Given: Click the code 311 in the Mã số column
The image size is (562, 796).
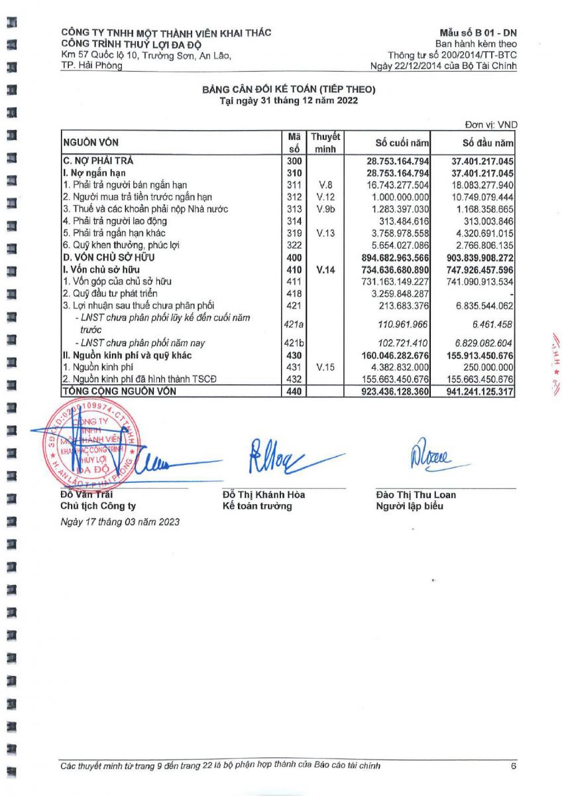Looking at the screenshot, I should coord(294,185).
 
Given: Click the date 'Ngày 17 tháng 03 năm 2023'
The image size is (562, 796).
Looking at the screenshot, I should coord(119,522).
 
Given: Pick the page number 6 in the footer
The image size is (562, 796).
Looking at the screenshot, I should coord(513,766).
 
